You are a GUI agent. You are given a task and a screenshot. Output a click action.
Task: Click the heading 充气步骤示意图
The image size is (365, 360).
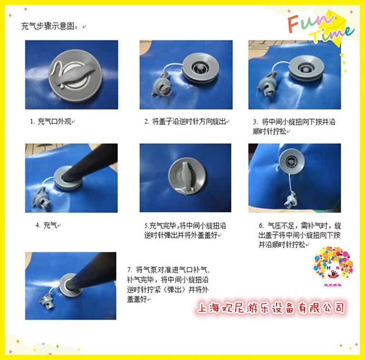click(49, 26)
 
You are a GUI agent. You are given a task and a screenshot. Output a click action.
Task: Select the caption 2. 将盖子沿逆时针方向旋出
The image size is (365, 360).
click(185, 122)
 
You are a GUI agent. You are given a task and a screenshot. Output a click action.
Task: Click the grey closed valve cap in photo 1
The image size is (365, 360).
click(75, 76)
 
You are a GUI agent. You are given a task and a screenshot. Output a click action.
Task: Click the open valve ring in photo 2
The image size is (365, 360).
click(201, 67)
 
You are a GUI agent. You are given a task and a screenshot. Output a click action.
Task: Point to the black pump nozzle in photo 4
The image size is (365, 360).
click(91, 162)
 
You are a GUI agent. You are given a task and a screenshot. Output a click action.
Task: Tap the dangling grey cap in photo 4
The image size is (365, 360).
click(42, 199)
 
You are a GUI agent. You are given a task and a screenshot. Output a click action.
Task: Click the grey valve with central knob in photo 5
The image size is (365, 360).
click(187, 176)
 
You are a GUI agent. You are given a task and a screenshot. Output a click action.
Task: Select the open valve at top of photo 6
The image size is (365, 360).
click(292, 161)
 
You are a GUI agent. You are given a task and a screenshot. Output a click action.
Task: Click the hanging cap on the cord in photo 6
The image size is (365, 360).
click(291, 200)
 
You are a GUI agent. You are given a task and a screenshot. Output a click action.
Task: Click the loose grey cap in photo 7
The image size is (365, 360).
click(47, 301)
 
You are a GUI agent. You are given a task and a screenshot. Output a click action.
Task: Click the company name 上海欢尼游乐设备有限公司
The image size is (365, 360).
click(271, 308)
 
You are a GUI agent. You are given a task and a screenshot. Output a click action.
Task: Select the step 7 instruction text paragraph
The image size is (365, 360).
click(168, 284)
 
